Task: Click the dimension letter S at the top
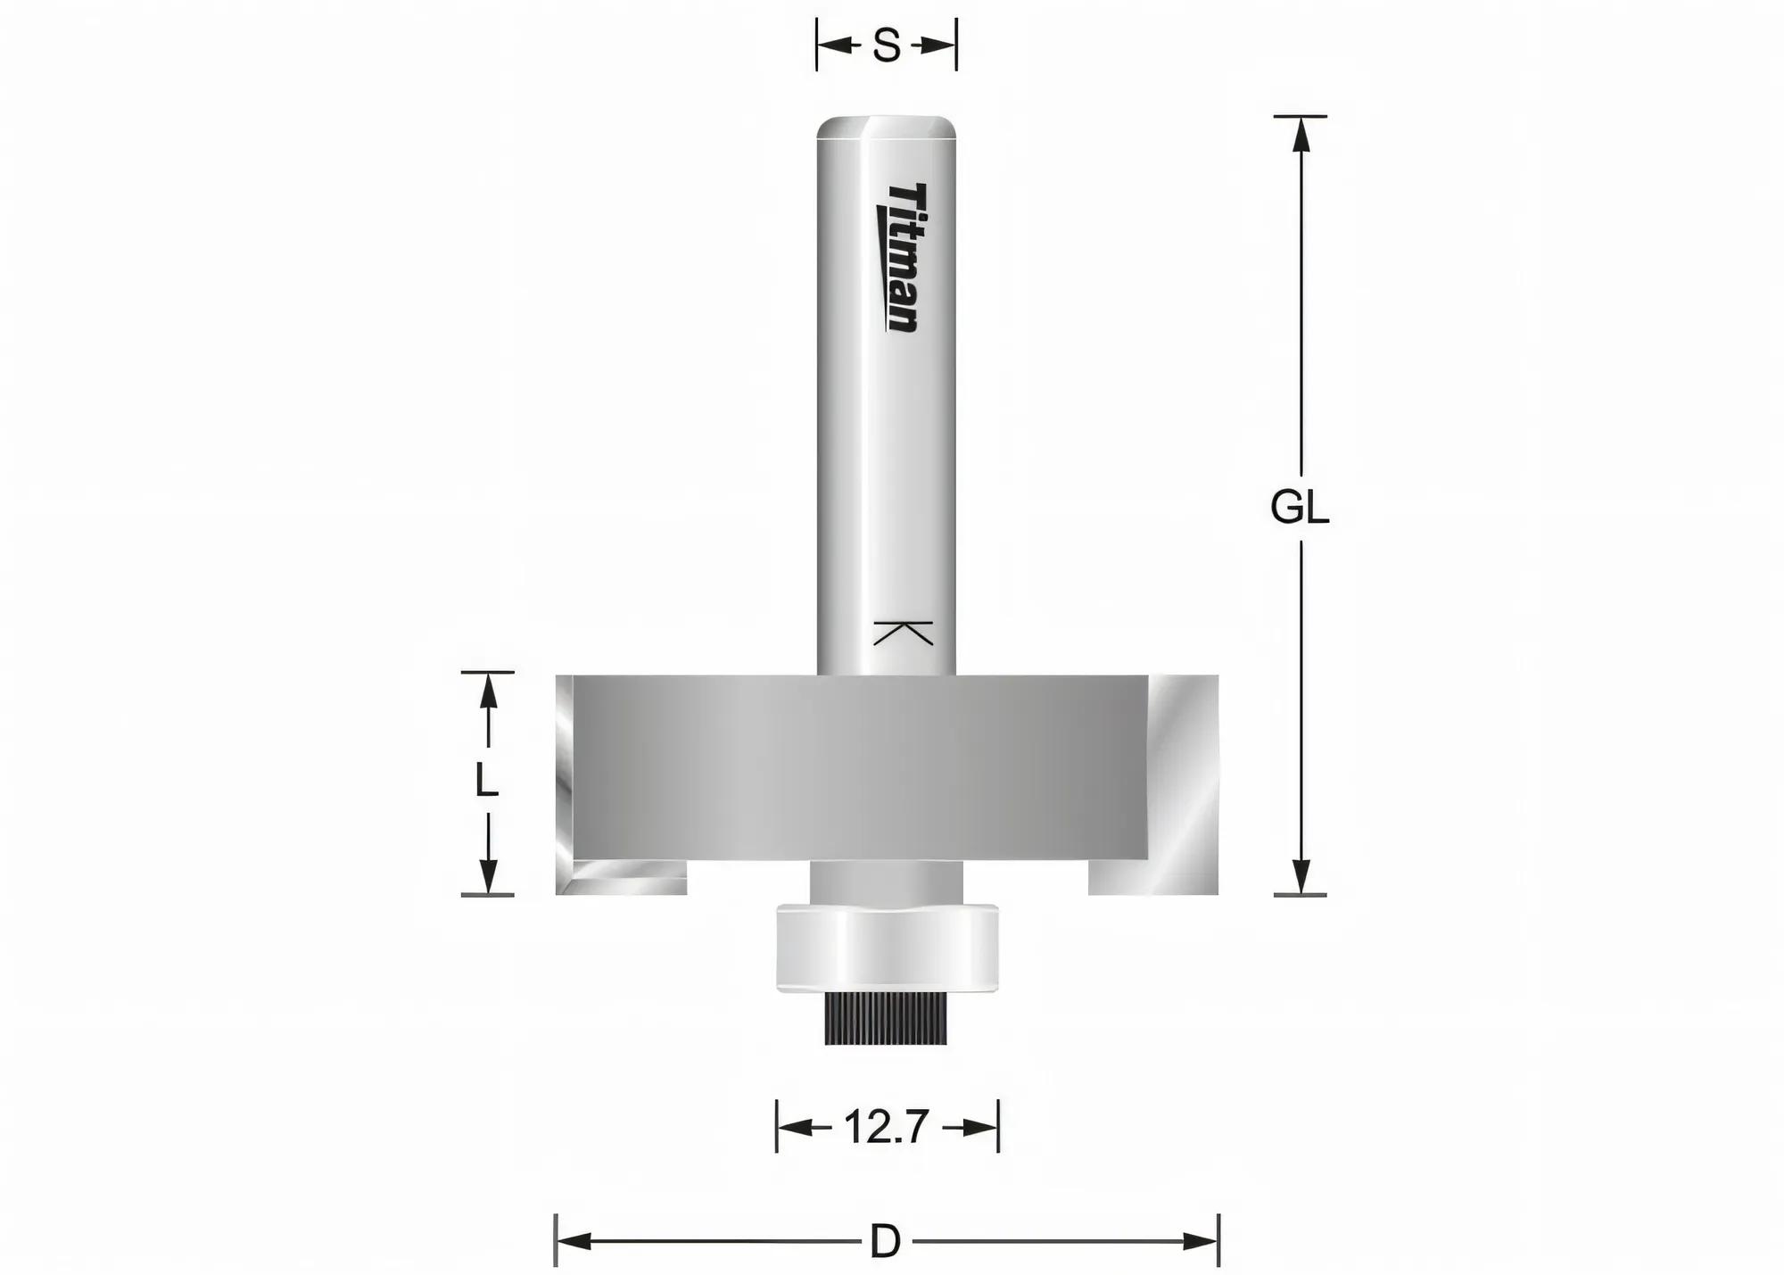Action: click(887, 46)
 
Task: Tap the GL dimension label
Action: click(1300, 509)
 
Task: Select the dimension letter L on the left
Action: click(486, 782)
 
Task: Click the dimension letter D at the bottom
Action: click(885, 1241)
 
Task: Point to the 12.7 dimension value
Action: click(887, 1128)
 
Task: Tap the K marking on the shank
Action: click(903, 633)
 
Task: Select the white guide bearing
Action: click(887, 948)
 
